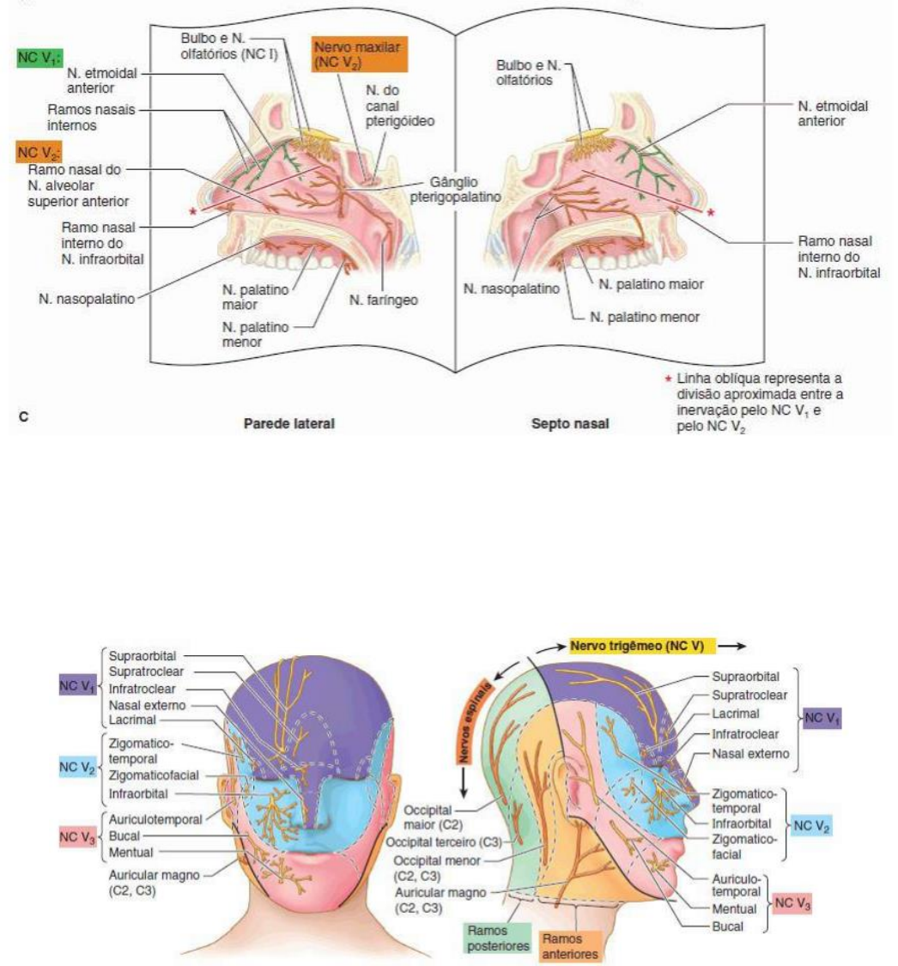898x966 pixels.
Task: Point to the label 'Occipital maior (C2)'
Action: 432,817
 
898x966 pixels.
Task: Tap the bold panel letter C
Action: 23,417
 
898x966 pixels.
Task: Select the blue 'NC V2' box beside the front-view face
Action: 77,763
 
